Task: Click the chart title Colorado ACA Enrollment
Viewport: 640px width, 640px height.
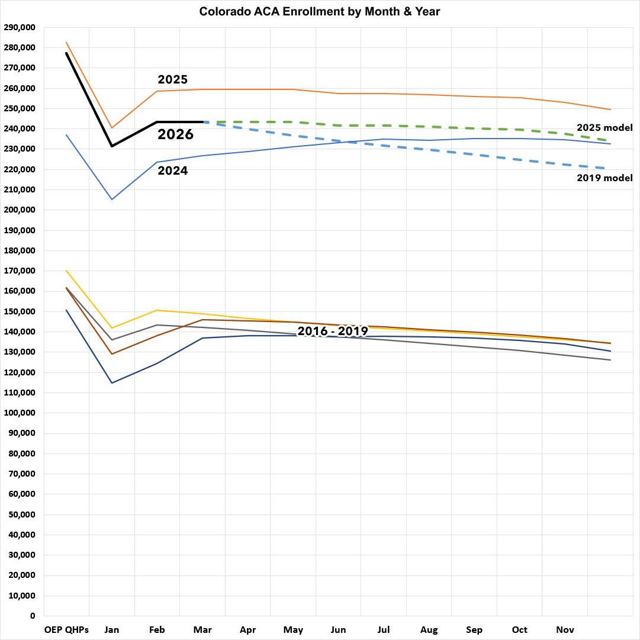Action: (x=320, y=11)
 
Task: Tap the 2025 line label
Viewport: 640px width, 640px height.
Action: (x=172, y=79)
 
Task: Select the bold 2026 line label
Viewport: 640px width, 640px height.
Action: (x=175, y=134)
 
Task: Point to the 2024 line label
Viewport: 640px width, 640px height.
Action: (x=172, y=171)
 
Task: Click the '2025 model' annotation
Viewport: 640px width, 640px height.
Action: (x=604, y=127)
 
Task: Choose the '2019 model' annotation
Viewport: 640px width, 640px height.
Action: (x=604, y=178)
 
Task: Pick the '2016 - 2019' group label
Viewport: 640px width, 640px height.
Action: (x=333, y=331)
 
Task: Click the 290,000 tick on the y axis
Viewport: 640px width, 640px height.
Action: (x=19, y=27)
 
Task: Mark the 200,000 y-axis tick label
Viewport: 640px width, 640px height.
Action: (x=19, y=210)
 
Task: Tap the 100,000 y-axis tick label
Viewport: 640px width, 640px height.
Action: (x=19, y=413)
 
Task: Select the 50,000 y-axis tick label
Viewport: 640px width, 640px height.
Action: (x=21, y=514)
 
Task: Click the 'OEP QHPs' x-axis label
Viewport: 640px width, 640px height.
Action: (x=66, y=630)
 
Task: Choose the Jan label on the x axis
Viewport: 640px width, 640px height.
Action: (x=111, y=630)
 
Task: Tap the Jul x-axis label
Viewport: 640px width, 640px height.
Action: (x=383, y=630)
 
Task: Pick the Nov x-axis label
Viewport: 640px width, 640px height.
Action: (x=565, y=630)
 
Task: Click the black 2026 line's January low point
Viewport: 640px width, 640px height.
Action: (x=111, y=146)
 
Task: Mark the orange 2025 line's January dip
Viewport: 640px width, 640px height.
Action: (x=111, y=128)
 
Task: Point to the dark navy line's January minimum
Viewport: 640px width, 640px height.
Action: (x=111, y=382)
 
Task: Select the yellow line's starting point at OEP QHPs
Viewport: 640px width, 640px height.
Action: (x=66, y=271)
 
